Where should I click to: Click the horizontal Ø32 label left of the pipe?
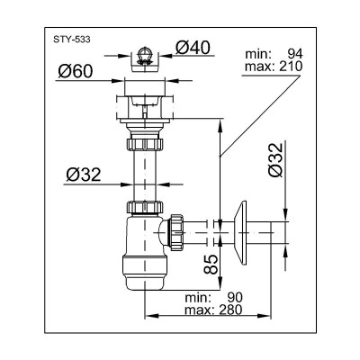[x=84, y=175]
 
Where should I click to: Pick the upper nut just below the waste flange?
[x=144, y=143]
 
